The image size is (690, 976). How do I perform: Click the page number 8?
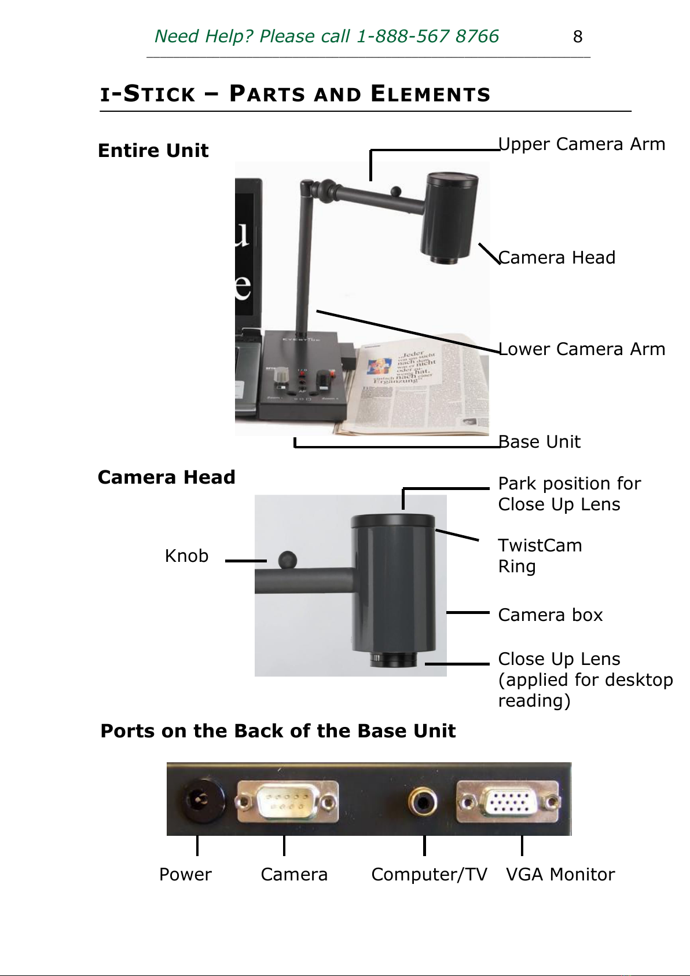click(x=577, y=36)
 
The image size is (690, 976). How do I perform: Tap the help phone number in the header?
click(x=427, y=36)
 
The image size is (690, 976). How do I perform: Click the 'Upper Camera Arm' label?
click(x=582, y=144)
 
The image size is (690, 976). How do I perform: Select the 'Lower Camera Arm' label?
click(x=582, y=349)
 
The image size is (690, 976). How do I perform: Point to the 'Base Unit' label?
click(x=539, y=442)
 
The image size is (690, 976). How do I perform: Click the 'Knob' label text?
click(x=186, y=556)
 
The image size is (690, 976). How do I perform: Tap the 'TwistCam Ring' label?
click(x=539, y=555)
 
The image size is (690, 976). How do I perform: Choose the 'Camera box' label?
click(x=550, y=615)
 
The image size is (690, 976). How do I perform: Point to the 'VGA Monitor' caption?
click(x=560, y=874)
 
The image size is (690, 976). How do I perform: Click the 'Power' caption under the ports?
click(x=185, y=874)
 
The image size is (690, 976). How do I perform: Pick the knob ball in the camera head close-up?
click(x=287, y=560)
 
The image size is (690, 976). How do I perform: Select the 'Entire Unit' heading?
click(x=153, y=151)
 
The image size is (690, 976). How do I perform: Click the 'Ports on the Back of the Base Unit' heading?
click(x=278, y=731)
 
